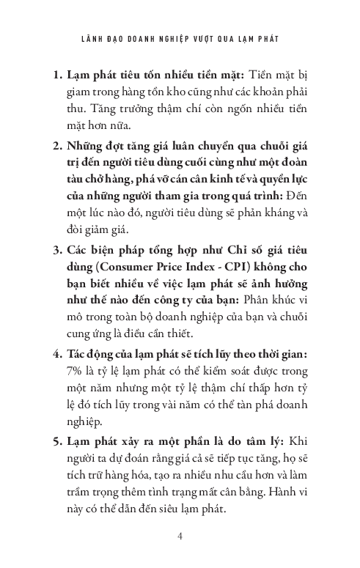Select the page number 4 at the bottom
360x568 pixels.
(180, 536)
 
